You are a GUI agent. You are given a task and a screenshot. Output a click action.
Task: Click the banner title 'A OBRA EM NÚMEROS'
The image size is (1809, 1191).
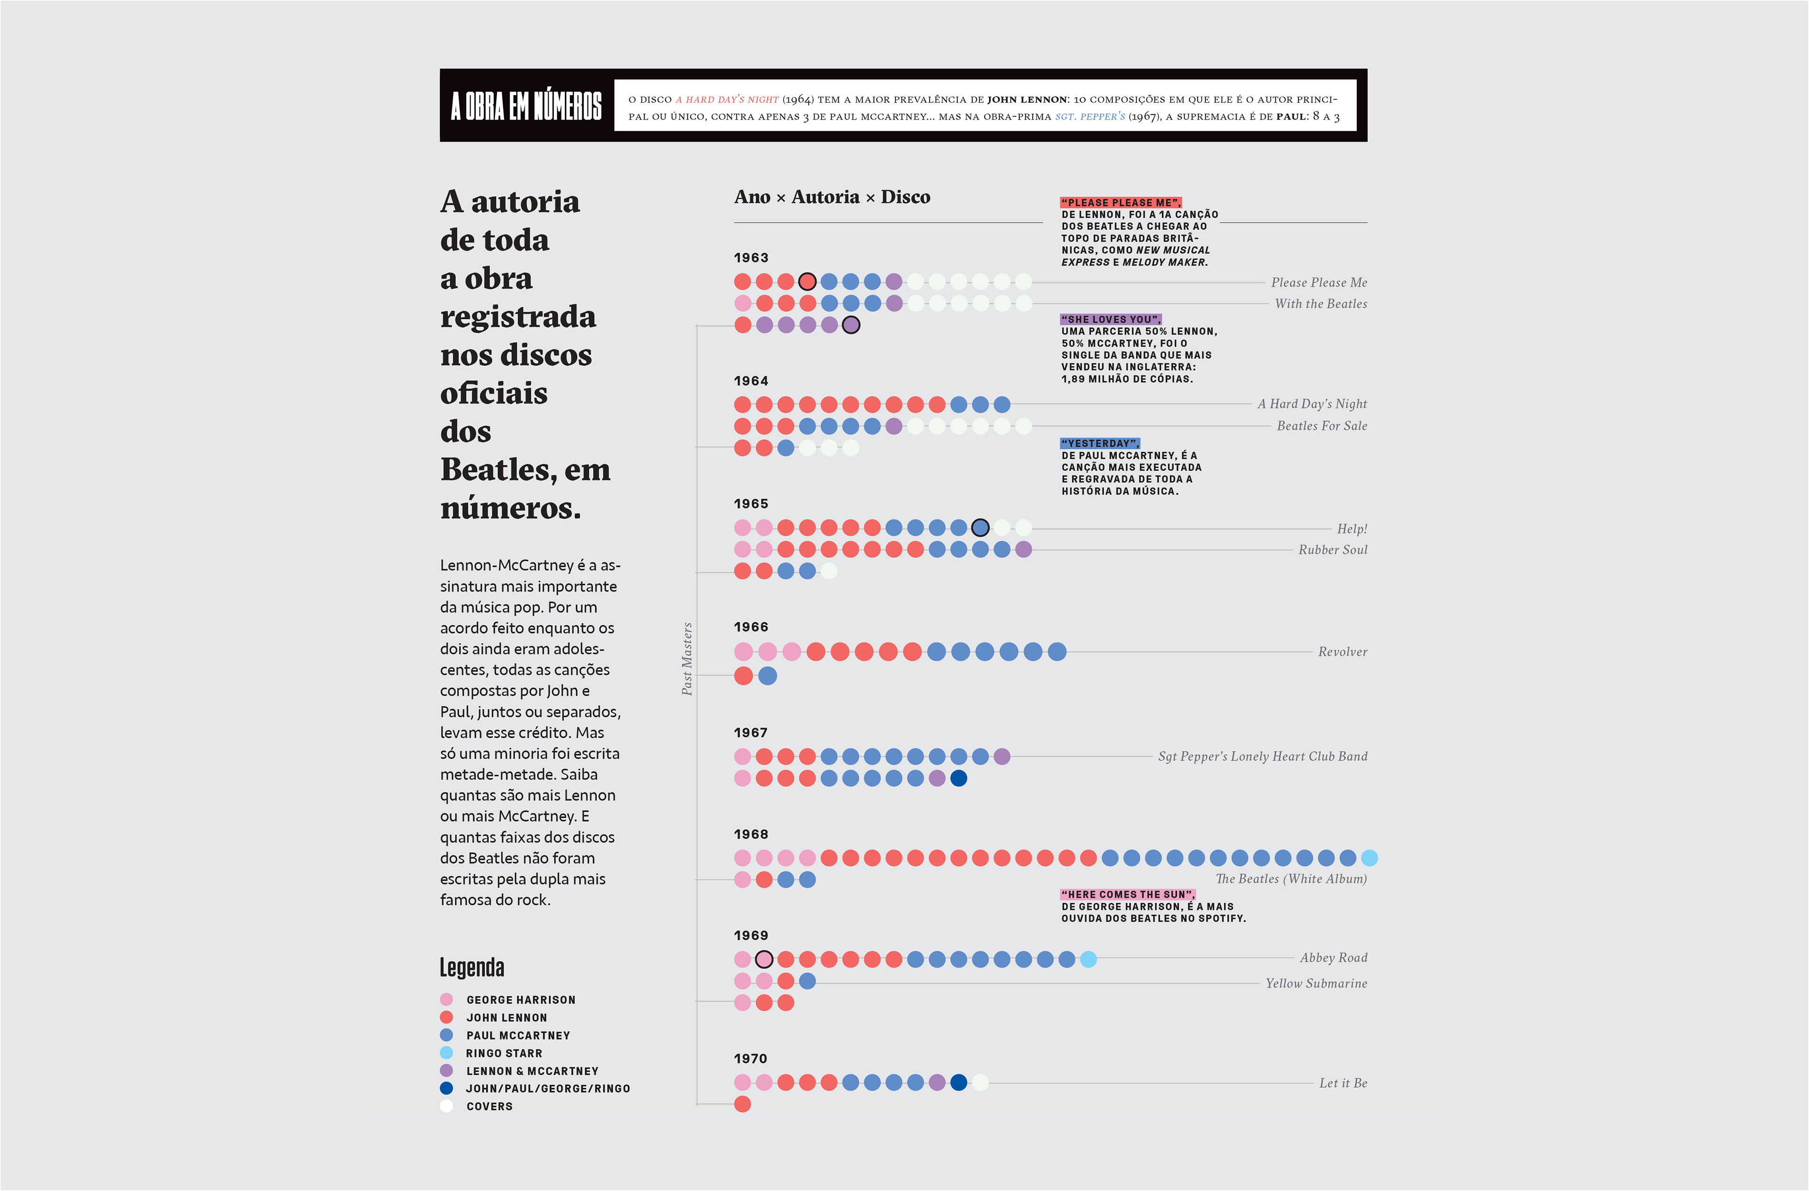526,106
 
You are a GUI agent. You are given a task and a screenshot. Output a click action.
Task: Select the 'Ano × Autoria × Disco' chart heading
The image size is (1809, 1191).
831,197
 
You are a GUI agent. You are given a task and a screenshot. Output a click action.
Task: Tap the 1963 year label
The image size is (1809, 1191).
751,258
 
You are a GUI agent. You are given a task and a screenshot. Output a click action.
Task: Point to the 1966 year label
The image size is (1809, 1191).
751,627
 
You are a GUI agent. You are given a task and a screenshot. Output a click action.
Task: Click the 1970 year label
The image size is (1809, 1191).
751,1059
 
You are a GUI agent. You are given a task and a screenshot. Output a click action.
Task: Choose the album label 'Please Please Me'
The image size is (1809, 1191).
1319,283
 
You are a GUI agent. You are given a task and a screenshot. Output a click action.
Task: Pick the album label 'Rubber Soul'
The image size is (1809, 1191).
1332,549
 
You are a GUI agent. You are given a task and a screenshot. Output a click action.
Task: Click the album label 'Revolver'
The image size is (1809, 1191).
1342,652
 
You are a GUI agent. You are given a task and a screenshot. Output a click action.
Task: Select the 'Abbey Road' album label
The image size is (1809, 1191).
1333,958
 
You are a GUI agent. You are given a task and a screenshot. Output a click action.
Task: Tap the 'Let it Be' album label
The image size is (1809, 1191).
1343,1083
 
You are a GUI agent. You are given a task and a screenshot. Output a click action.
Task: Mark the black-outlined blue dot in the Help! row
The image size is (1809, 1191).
980,528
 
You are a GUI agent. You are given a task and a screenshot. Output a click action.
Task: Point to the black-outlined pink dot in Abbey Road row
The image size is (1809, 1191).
764,959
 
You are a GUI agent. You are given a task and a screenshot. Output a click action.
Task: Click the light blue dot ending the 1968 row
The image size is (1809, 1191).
1369,858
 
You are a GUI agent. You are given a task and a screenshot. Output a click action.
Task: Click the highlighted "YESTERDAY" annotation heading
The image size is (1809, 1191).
1100,444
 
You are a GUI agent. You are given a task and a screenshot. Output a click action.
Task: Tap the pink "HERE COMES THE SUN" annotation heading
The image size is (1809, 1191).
1128,895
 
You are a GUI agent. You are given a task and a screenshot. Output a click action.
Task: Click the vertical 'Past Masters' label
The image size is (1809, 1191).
687,659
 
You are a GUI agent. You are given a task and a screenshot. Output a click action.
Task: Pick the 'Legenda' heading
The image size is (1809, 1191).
472,968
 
